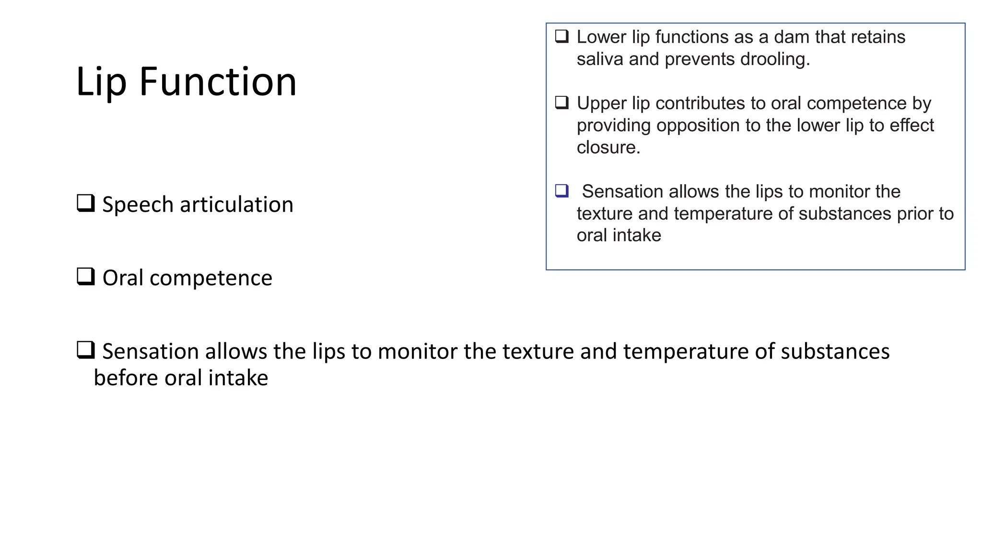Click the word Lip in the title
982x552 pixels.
(x=101, y=82)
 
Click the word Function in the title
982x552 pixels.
(x=218, y=82)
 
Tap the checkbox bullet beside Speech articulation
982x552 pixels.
(x=86, y=203)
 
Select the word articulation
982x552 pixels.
(x=236, y=205)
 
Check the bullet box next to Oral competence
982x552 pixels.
(x=86, y=276)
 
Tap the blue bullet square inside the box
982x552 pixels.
(x=561, y=191)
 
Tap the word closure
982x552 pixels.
(x=608, y=148)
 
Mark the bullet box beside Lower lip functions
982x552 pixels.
(x=561, y=36)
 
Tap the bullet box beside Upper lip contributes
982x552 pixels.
(x=561, y=103)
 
